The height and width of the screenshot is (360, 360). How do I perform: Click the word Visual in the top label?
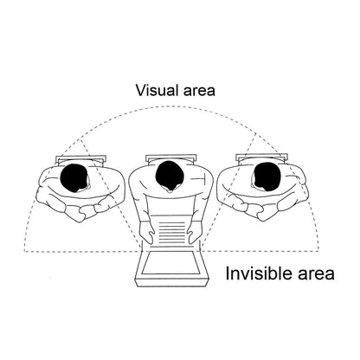coord(157,90)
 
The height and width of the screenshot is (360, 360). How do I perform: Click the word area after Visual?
coord(199,91)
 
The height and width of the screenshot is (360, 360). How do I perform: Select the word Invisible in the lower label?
coord(260,273)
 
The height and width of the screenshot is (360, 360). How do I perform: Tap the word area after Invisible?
coord(317,274)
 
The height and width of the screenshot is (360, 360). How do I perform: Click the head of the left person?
coord(74,178)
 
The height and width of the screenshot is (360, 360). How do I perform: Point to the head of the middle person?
coord(170,176)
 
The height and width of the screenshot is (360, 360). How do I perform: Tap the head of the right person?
coord(267,177)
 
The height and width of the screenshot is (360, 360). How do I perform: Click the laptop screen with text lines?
coord(172,231)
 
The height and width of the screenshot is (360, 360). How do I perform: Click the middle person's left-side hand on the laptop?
coord(148,233)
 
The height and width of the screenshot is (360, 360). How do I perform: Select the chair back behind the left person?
coord(81,159)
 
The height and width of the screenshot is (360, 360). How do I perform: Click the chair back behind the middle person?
coord(171,158)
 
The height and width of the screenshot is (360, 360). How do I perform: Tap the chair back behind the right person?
coord(261,157)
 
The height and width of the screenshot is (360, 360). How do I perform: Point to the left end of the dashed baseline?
coord(24,251)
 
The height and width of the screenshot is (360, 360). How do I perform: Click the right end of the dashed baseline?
coord(319,251)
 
